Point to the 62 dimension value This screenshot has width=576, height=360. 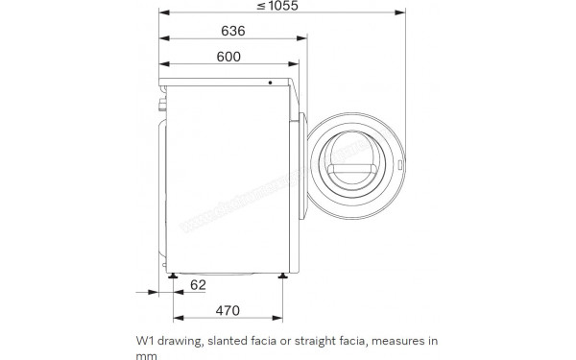(197, 286)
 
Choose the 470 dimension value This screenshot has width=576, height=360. (228, 311)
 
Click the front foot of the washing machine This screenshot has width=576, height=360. (283, 274)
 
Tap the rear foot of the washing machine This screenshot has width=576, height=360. (173, 274)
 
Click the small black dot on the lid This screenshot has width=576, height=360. (270, 82)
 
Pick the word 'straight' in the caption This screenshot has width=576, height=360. (313, 341)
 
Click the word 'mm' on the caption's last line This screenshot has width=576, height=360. (146, 354)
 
